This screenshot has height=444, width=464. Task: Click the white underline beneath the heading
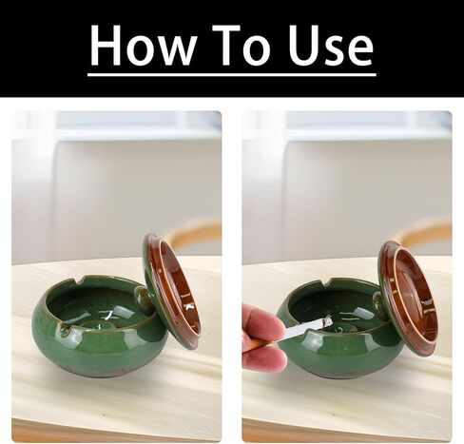[x=232, y=74]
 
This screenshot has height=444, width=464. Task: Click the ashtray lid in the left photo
[x=172, y=289]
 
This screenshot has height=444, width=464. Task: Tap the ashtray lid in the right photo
[x=408, y=297]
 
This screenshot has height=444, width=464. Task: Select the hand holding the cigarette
[x=261, y=338]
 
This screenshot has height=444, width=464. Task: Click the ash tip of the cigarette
[x=326, y=321]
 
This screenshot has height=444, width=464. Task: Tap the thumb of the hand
[x=261, y=320]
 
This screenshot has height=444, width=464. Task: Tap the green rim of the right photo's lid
[x=383, y=285]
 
